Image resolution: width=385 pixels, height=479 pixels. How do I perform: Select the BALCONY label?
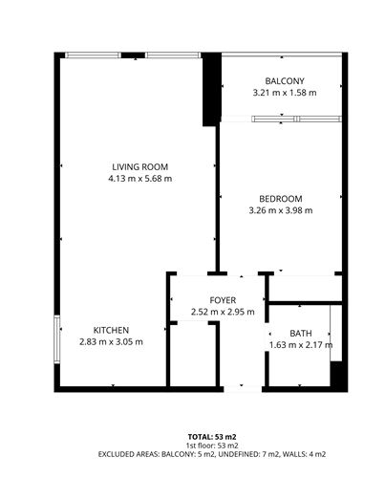[x=284, y=80]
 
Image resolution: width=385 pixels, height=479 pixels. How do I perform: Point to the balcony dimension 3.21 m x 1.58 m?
[x=284, y=93]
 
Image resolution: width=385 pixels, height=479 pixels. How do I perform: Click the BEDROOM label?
[x=280, y=198]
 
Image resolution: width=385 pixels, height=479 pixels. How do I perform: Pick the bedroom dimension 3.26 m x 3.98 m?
[x=280, y=210]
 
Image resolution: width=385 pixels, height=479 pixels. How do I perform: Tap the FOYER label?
[x=216, y=298]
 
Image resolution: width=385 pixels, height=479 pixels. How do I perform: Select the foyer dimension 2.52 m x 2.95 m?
[x=216, y=311]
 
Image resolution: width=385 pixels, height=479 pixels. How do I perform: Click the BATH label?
[x=300, y=333]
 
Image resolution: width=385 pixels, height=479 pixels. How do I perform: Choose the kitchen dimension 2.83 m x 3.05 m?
[x=111, y=342]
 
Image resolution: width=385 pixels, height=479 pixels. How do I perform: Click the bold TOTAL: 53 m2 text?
[x=192, y=436]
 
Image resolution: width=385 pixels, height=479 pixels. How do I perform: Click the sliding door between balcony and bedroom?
[x=282, y=119]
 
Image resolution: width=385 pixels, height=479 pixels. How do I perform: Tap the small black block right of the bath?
[x=335, y=374]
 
